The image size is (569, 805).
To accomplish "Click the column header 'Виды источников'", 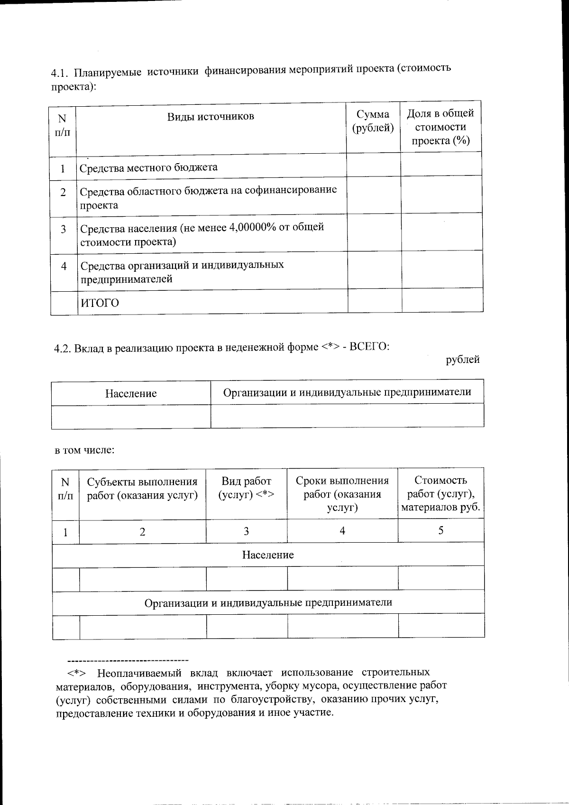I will click(x=211, y=117).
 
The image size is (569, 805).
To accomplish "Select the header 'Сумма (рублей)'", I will click(x=373, y=121).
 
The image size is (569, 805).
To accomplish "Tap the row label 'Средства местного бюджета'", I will click(x=148, y=167).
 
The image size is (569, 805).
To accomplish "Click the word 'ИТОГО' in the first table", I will click(x=100, y=303).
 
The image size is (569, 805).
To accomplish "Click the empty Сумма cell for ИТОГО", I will click(x=375, y=301).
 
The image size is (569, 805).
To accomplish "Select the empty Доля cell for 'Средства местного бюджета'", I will click(x=441, y=165).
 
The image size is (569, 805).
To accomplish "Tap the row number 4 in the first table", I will click(x=64, y=266).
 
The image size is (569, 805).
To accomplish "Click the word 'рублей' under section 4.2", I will click(x=463, y=360).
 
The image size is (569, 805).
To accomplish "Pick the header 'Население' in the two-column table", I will click(x=131, y=393).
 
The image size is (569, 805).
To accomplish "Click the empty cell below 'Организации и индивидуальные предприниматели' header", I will click(x=347, y=416).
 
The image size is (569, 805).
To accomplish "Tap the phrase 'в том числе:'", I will click(x=85, y=450).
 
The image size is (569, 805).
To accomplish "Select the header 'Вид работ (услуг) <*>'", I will click(x=247, y=488).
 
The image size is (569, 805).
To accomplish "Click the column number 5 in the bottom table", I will click(x=441, y=530).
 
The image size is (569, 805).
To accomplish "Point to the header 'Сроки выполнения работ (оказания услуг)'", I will click(x=342, y=494).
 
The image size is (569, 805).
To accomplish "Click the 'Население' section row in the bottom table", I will click(x=268, y=555).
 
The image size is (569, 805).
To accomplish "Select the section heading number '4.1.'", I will click(x=60, y=74).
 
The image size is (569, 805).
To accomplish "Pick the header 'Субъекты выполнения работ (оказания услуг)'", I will click(x=142, y=489).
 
